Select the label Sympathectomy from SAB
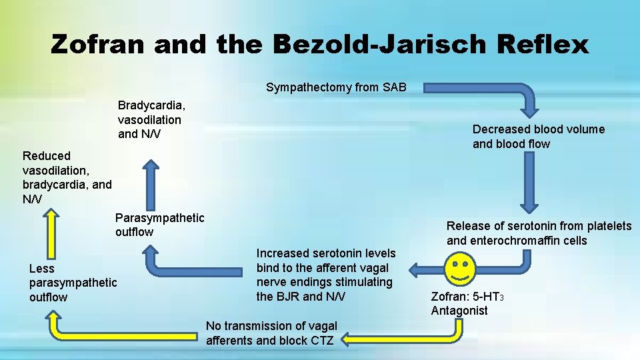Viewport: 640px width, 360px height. coord(336,87)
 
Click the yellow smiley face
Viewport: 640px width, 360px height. coord(459,269)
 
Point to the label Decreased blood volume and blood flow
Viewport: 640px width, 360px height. coord(538,137)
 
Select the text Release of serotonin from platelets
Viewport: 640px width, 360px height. coord(539,226)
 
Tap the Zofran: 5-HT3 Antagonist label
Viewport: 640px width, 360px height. coord(467,303)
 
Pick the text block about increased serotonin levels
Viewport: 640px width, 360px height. coord(326,275)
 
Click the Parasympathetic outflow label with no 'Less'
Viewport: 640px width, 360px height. coord(159,225)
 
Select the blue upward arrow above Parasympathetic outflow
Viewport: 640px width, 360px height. coord(153,183)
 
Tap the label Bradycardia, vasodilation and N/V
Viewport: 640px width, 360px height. coord(152,120)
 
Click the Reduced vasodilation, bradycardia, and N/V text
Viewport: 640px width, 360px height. coord(67,177)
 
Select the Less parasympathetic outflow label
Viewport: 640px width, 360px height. coord(73,283)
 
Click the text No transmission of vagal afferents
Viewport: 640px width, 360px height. coord(271,326)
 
